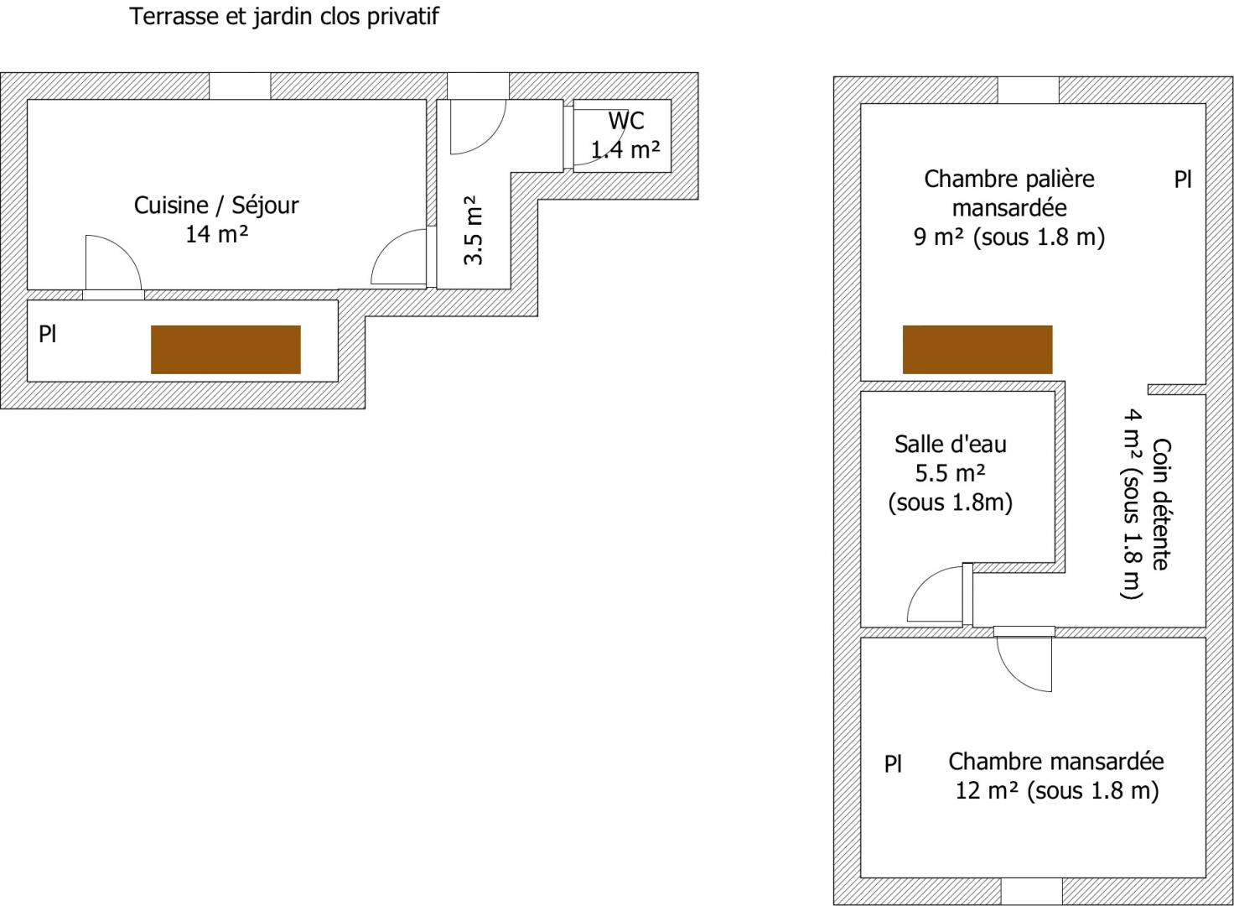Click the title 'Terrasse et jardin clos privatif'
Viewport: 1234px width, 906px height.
[284, 17]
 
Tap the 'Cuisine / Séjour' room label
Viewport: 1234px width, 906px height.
[216, 206]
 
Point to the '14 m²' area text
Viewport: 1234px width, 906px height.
[216, 234]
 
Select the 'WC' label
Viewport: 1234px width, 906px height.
[626, 121]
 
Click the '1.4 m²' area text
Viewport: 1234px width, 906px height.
[626, 149]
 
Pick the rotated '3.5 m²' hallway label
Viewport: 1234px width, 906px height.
[474, 230]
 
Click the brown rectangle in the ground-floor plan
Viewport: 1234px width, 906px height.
[226, 350]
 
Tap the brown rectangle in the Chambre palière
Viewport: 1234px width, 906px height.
[977, 350]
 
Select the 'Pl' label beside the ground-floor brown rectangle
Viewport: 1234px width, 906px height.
[48, 334]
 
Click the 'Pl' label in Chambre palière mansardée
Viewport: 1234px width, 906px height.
[1183, 180]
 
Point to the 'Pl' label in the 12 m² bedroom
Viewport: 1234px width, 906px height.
[893, 763]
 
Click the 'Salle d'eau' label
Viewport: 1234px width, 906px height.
[951, 445]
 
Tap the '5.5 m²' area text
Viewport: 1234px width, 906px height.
[951, 473]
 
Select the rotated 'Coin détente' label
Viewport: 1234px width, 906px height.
[1162, 504]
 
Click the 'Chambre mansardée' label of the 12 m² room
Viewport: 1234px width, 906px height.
[1056, 762]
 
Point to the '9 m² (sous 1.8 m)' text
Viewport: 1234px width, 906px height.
[1009, 237]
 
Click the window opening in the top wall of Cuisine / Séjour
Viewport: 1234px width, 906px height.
[240, 86]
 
